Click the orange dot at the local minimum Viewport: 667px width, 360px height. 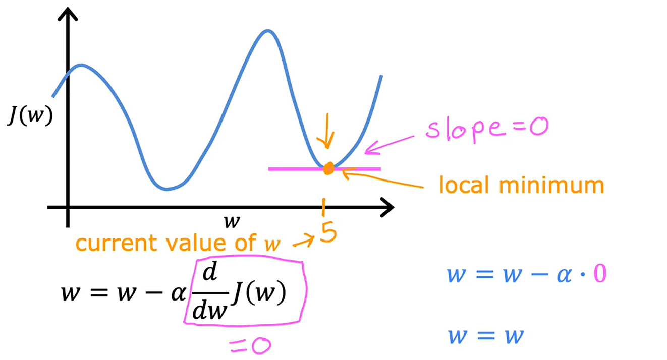pyautogui.click(x=328, y=168)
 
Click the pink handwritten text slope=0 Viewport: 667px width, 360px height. pyautogui.click(x=485, y=128)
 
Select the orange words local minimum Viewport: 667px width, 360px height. pyautogui.click(x=521, y=186)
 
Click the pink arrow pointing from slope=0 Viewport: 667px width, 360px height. pyautogui.click(x=391, y=143)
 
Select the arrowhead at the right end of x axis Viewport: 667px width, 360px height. pyautogui.click(x=386, y=207)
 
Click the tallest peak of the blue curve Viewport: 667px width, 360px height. pyautogui.click(x=267, y=32)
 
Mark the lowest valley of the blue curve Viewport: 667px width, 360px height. pyautogui.click(x=167, y=189)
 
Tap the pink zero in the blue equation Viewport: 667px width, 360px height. pyautogui.click(x=598, y=275)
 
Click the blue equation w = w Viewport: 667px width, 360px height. pyautogui.click(x=485, y=336)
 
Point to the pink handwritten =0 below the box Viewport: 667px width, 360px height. pyautogui.click(x=250, y=345)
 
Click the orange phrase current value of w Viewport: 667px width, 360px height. pyautogui.click(x=177, y=244)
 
